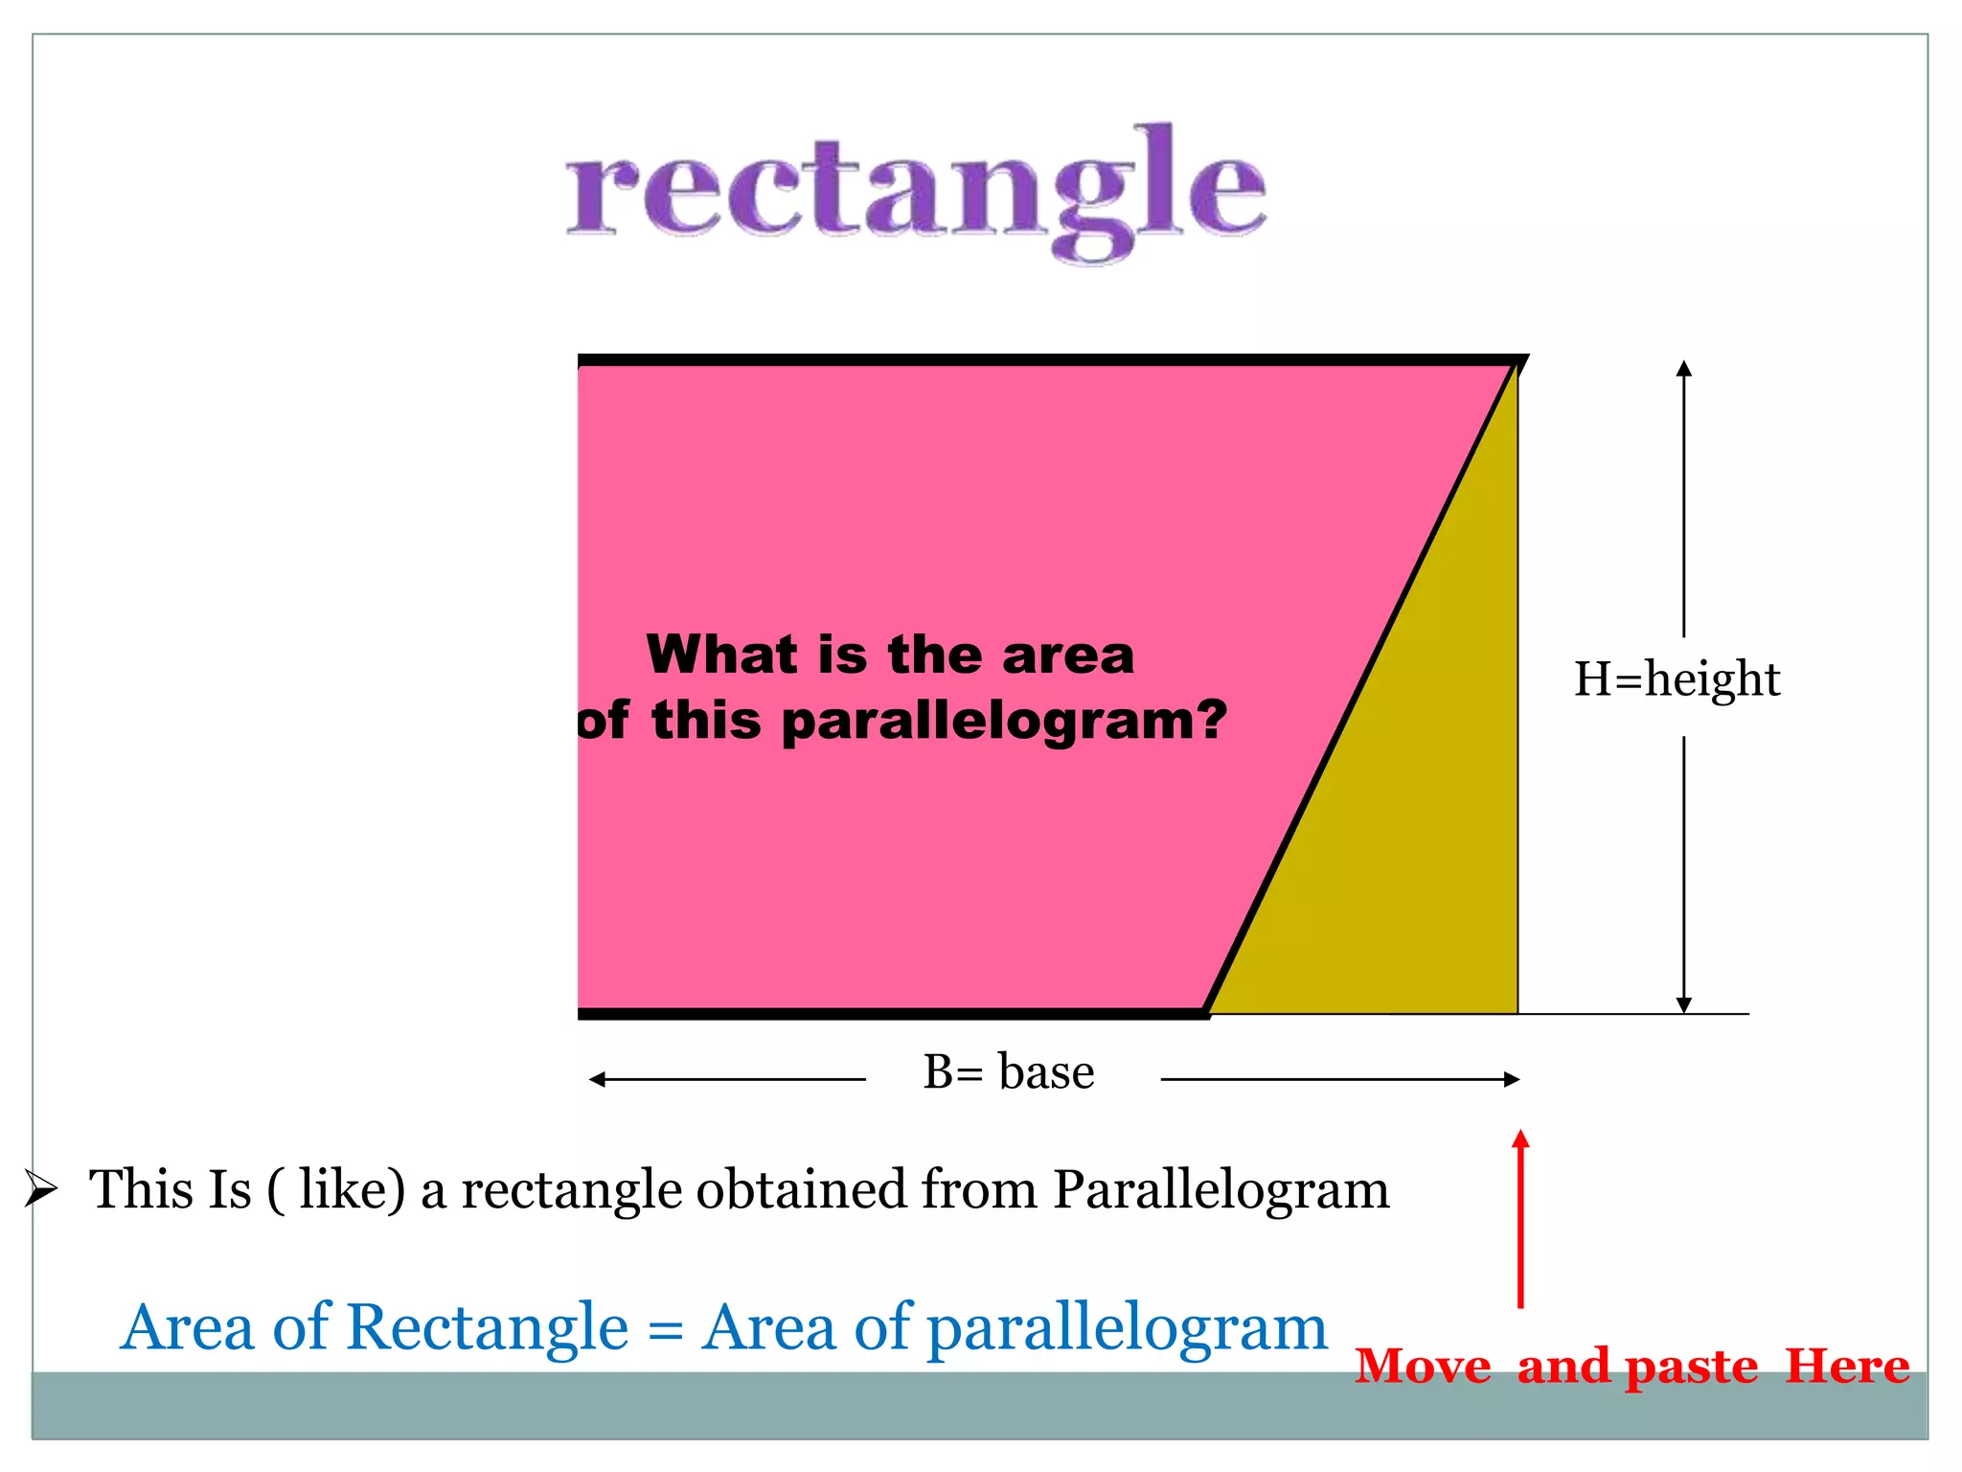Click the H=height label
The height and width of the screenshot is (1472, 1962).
tap(1677, 679)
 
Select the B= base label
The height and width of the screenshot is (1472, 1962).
tap(1008, 1071)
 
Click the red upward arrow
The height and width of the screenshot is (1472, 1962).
tap(1520, 1217)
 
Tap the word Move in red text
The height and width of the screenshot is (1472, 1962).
tap(1423, 1366)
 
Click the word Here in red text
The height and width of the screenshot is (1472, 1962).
tap(1847, 1366)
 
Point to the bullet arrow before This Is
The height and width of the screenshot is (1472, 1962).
tap(41, 1189)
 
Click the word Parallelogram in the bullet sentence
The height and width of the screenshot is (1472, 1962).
tap(1221, 1190)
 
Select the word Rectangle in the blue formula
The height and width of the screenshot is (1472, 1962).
tap(487, 1328)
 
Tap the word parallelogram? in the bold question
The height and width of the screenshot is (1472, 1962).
tap(1004, 721)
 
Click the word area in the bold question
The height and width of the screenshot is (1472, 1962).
tap(1067, 656)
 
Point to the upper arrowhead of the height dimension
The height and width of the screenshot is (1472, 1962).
tap(1684, 368)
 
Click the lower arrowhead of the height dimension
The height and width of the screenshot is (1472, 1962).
tap(1684, 1004)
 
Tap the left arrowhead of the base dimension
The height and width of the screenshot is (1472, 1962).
tap(598, 1080)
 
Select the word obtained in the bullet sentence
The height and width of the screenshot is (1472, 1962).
tap(800, 1190)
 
